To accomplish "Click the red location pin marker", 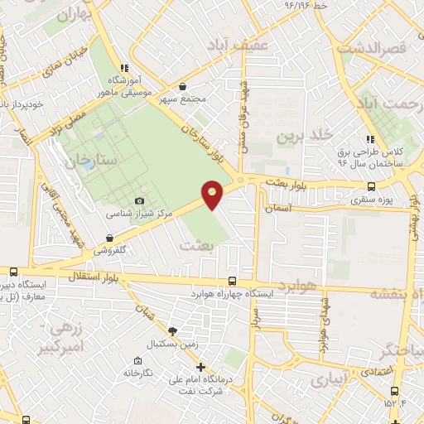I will point(213,194).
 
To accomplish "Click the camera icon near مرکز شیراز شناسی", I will point(139,201).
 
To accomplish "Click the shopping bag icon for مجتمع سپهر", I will point(182,85).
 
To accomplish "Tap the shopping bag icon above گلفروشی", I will point(109,238).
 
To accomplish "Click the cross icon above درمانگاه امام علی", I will point(200,367).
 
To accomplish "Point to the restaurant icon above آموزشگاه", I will point(123,68).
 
